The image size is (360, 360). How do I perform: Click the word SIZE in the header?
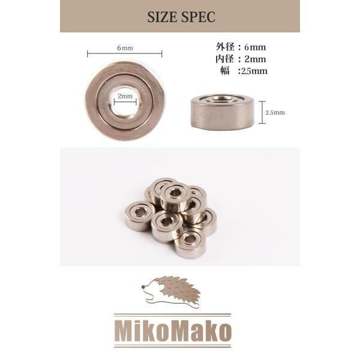(160, 17)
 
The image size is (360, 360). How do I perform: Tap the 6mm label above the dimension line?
(125, 48)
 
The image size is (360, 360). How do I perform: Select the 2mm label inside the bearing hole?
(125, 96)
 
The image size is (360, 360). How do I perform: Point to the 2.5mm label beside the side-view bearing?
(275, 113)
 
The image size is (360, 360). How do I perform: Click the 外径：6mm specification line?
(241, 47)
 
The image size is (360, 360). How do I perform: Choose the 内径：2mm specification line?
(241, 59)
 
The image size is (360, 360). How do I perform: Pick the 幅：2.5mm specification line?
(244, 71)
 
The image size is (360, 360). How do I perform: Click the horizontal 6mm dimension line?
(125, 54)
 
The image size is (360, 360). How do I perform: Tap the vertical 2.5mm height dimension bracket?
(262, 112)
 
